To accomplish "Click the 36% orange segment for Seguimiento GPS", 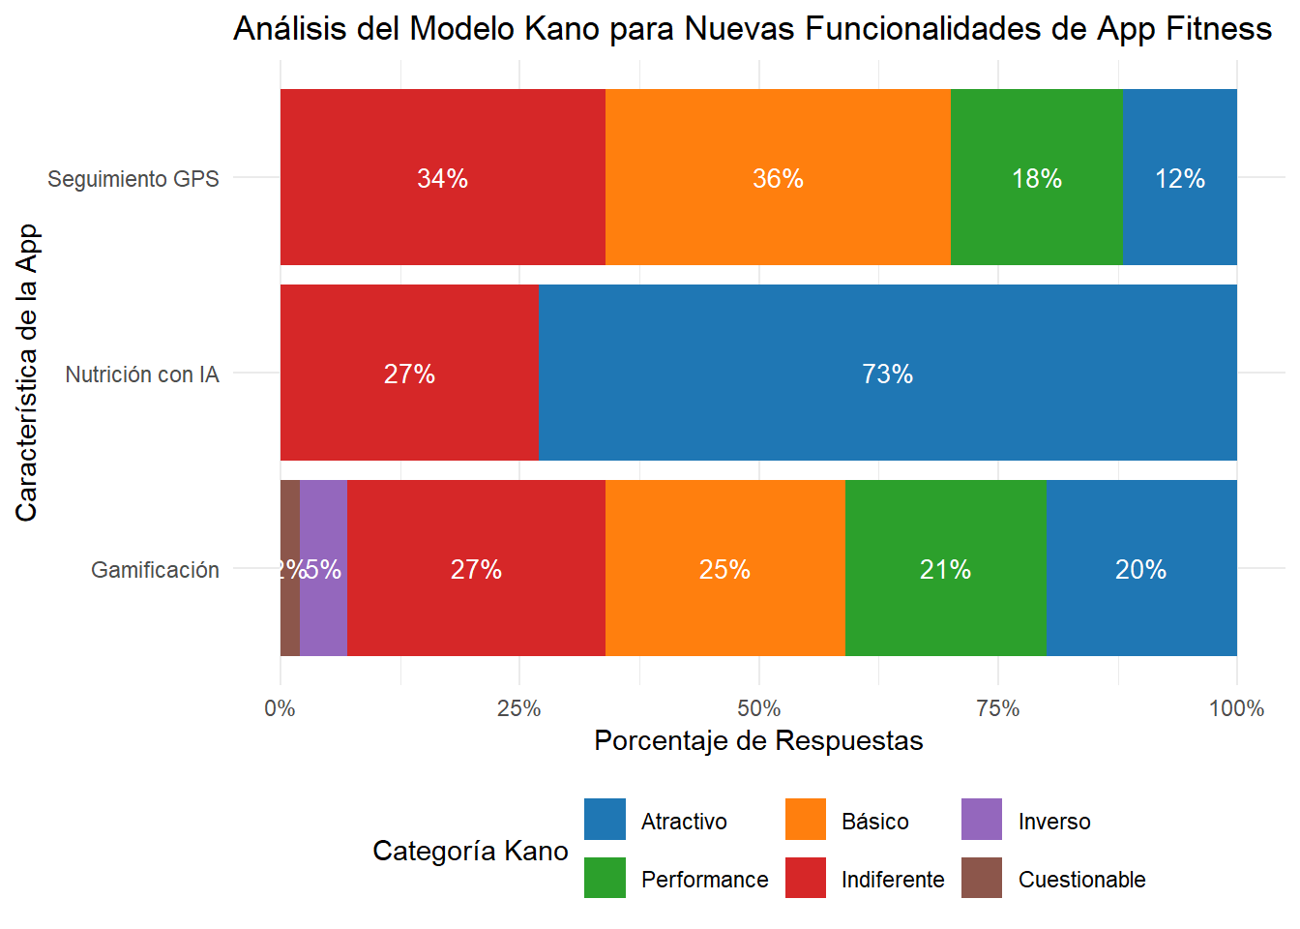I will pyautogui.click(x=778, y=177).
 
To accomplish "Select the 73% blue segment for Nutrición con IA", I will pyautogui.click(x=887, y=373).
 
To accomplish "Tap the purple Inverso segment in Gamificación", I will pyautogui.click(x=323, y=568).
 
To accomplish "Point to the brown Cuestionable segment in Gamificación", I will pyautogui.click(x=289, y=568).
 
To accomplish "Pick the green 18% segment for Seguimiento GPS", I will pyautogui.click(x=1036, y=177).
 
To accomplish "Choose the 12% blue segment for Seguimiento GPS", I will pyautogui.click(x=1179, y=177).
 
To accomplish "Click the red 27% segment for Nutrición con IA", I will pyautogui.click(x=409, y=373).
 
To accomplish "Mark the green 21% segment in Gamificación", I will pyautogui.click(x=945, y=568).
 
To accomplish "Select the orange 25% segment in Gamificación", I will pyautogui.click(x=724, y=568).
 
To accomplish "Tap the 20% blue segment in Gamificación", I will pyautogui.click(x=1140, y=568).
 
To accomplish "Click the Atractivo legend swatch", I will pyautogui.click(x=605, y=820).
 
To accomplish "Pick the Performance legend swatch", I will pyautogui.click(x=605, y=878).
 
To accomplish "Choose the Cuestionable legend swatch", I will pyautogui.click(x=982, y=878).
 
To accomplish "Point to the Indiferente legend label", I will pyautogui.click(x=892, y=880).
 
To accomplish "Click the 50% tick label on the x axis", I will pyautogui.click(x=758, y=708).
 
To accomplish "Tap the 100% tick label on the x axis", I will pyautogui.click(x=1235, y=708).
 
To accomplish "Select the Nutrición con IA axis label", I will pyautogui.click(x=142, y=375).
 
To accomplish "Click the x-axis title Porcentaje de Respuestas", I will pyautogui.click(x=758, y=741).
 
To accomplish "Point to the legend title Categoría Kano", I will pyautogui.click(x=470, y=851).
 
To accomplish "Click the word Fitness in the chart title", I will pyautogui.click(x=1218, y=29).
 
